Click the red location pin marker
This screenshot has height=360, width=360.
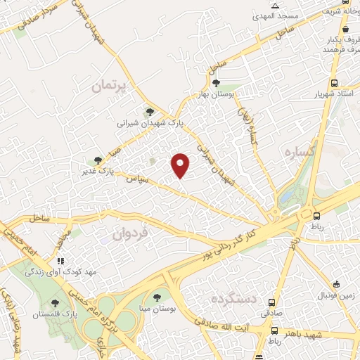click(181, 164)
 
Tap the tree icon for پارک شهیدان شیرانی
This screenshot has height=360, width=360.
click(148, 111)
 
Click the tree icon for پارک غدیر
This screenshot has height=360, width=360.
click(99, 161)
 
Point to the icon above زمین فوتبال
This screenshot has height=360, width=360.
click(337, 285)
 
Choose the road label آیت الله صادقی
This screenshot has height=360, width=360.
click(241, 316)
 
